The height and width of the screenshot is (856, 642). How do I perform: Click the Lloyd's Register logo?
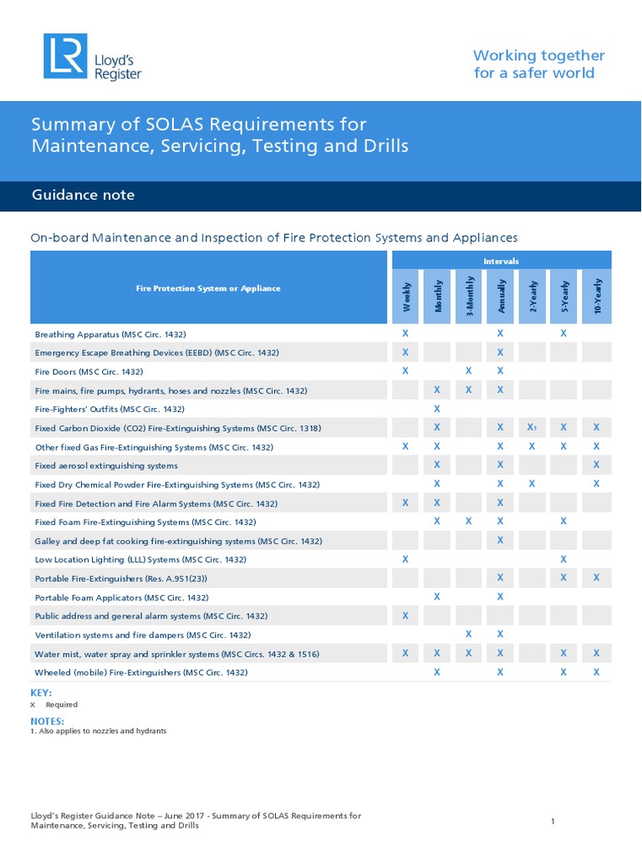click(x=93, y=58)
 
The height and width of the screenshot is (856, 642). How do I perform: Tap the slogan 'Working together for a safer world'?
click(x=538, y=64)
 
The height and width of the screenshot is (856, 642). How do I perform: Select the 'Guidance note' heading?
click(x=83, y=196)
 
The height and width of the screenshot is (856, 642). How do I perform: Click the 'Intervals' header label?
click(x=501, y=261)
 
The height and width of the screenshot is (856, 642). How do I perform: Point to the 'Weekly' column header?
click(x=406, y=298)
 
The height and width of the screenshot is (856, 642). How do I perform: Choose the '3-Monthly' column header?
click(x=470, y=298)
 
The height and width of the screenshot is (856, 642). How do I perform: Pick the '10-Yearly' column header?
click(x=597, y=298)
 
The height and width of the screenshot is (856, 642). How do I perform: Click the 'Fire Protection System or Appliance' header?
click(x=208, y=288)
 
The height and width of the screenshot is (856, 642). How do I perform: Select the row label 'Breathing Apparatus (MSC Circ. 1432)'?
click(x=110, y=334)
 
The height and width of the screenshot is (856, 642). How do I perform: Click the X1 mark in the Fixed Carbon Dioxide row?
click(x=532, y=427)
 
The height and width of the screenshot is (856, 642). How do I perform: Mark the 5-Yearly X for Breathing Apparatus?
click(x=563, y=334)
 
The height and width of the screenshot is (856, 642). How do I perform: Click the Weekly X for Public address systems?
click(x=405, y=616)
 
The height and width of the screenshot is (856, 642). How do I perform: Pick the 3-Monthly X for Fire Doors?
click(x=469, y=370)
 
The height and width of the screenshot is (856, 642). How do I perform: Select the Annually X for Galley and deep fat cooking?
click(x=500, y=540)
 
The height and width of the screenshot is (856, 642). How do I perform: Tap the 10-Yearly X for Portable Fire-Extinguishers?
click(x=596, y=578)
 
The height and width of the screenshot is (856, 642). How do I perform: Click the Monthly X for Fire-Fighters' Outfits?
click(x=437, y=409)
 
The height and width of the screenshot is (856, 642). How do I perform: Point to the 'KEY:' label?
click(x=41, y=693)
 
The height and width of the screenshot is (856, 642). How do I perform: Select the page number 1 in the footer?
click(x=553, y=822)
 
